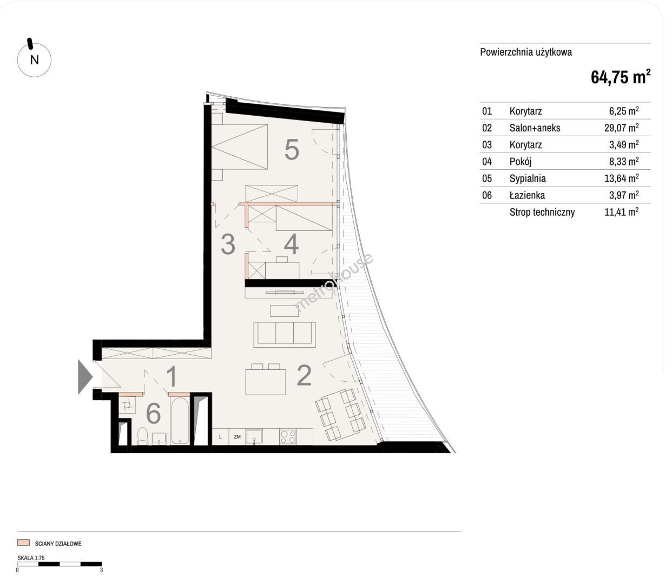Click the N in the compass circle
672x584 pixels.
(x=35, y=60)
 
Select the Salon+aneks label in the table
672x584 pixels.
(x=535, y=128)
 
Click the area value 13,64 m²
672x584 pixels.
(x=622, y=178)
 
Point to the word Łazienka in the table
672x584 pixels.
(x=527, y=195)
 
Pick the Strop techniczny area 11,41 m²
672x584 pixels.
(x=622, y=212)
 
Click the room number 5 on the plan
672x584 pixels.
(x=292, y=149)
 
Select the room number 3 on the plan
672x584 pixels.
(x=228, y=244)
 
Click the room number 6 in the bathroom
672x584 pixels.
(x=153, y=413)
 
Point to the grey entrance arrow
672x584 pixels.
(x=85, y=377)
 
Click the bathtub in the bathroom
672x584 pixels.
(x=180, y=421)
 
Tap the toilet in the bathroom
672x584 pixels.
(x=142, y=436)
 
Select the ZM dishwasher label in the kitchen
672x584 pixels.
(x=237, y=437)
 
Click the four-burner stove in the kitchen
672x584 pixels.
(x=288, y=436)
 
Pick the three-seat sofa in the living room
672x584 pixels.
(x=285, y=335)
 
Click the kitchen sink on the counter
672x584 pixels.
(x=254, y=436)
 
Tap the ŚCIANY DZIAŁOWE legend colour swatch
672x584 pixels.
(x=23, y=543)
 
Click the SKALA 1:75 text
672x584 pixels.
(x=31, y=558)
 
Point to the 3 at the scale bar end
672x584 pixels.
(x=101, y=570)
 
